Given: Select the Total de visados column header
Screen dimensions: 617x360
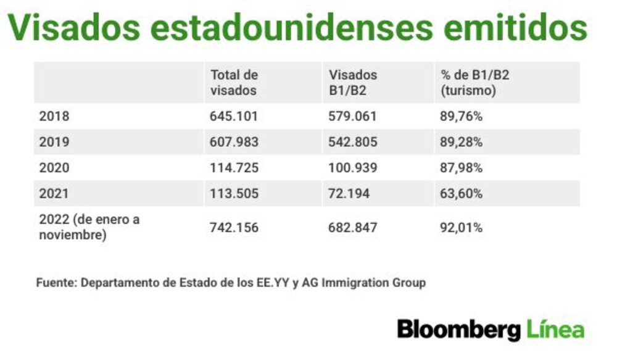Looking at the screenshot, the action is coord(234,82).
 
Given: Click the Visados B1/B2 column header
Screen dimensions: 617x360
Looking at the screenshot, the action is coord(352,82).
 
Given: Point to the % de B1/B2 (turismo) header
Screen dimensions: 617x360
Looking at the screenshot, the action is coord(474,82).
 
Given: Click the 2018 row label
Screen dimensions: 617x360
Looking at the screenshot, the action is coord(54,116).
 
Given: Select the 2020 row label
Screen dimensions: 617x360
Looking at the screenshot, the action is coord(54,168).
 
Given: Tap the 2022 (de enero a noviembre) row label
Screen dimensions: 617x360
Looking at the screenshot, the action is coord(89,227).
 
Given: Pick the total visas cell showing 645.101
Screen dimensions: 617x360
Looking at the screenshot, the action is coord(234,116).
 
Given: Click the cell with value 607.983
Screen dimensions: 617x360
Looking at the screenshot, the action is coord(234,142).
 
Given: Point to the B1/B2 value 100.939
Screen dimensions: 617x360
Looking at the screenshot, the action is coord(352,168).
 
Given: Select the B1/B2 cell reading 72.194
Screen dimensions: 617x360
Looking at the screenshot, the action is coord(349,193).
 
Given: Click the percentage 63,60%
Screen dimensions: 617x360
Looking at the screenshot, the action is coord(461,193).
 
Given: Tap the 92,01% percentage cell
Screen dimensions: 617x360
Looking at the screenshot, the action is coord(461,227).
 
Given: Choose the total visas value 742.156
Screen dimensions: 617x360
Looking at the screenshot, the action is coord(234,227).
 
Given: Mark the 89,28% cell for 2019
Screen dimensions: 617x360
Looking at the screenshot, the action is coord(461,142).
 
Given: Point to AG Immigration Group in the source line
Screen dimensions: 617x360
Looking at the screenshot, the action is coord(364,282).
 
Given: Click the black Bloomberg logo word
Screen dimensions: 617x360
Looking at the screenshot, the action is coord(459,330).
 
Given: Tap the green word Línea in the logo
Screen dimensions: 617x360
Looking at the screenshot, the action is coord(555,329).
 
